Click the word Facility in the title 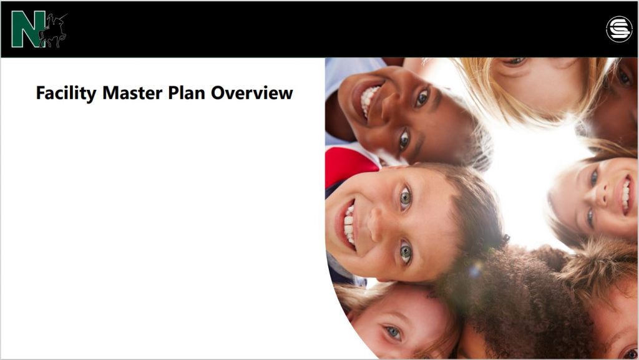tap(66, 93)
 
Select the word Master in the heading tap(132, 93)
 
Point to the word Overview tap(252, 93)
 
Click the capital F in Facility tap(41, 93)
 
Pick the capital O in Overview tap(218, 93)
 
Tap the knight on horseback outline tap(53, 31)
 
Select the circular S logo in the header tap(619, 29)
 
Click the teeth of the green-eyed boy tap(349, 225)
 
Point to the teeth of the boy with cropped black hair tap(369, 99)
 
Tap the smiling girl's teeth tap(625, 195)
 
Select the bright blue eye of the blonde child tap(393, 331)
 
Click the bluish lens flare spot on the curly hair tap(475, 269)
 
